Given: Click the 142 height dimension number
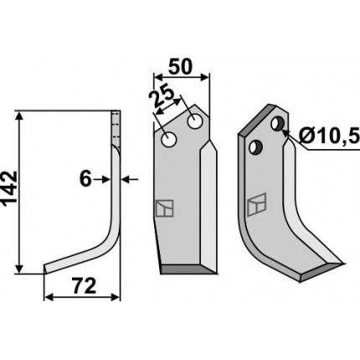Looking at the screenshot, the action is [x=9, y=189].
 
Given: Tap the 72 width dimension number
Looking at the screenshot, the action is [x=84, y=285].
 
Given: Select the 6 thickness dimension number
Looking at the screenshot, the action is [x=85, y=179].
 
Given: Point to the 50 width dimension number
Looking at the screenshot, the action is [x=181, y=67].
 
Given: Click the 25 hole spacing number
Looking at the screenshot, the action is [x=162, y=98].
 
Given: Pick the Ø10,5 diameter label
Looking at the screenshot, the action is [x=329, y=136].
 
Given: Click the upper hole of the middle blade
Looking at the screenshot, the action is [x=195, y=121].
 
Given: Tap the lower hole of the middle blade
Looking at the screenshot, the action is [x=169, y=139].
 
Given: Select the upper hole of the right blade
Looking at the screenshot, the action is [x=278, y=124].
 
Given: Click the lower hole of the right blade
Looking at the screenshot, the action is [x=256, y=147].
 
